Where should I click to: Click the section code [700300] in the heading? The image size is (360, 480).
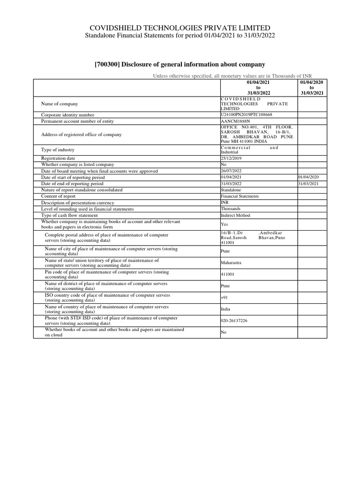coord(108,64)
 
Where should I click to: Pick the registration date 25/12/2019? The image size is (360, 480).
coord(231,158)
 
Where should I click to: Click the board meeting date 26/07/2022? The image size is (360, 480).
coord(231,171)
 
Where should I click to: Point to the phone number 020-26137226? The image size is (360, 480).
coord(234,321)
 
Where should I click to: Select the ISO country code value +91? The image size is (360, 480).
coord(225,298)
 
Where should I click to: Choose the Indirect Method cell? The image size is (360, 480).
coord(235,216)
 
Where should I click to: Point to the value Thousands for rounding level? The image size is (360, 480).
coord(231,209)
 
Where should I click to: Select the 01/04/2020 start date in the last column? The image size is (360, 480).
coord(308,177)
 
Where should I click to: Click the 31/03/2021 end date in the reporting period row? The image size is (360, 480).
coord(308,184)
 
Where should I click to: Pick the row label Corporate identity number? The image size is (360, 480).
coord(67,115)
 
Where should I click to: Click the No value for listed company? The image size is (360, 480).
coord(224,165)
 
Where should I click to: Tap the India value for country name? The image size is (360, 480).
coord(225,309)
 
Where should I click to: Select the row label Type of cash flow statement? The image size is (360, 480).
coord(68,216)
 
